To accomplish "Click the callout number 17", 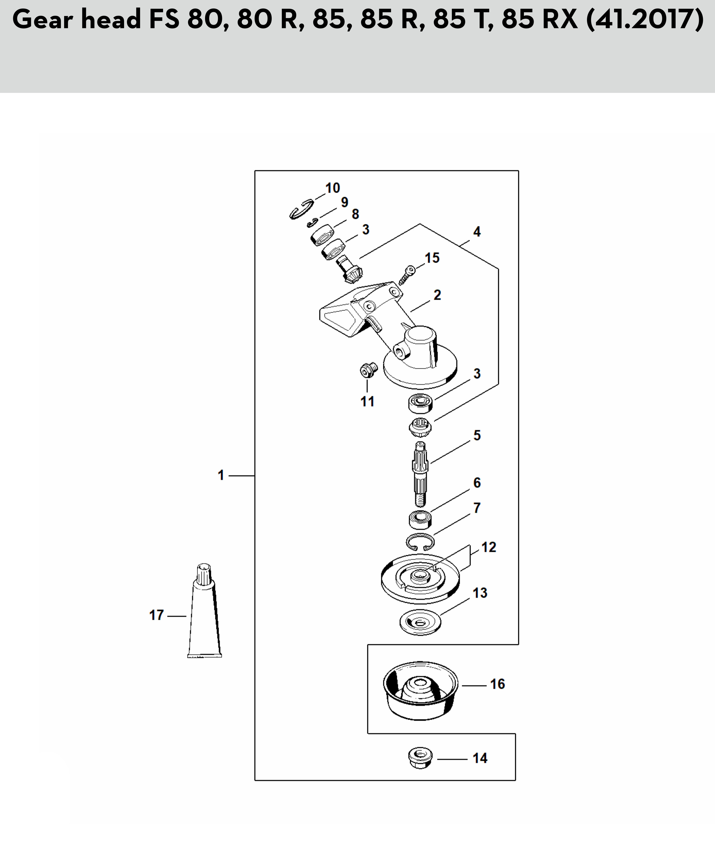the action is pos(156,615).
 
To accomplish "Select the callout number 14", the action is pos(480,758).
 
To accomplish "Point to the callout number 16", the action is pos(497,684).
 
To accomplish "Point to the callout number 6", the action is pos(477,482).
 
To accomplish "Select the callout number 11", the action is pos(367,401).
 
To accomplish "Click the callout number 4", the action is pos(477,232).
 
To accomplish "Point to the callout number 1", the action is pos(221,475).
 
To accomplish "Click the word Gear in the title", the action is pos(42,20).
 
